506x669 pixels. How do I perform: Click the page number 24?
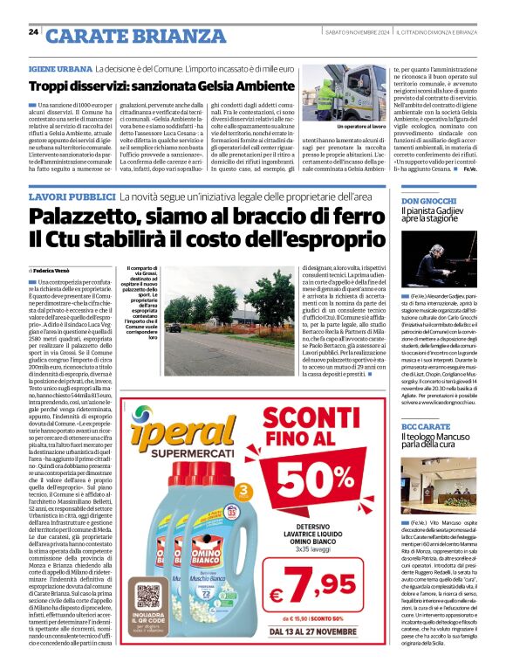click(x=33, y=32)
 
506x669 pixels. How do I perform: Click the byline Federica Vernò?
click(x=57, y=272)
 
